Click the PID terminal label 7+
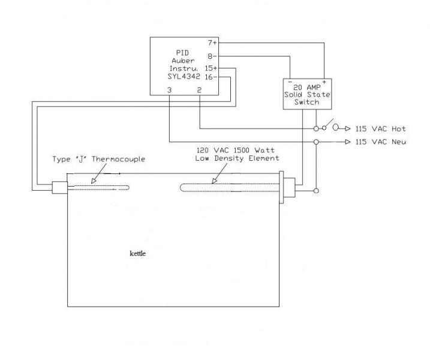coord(212,43)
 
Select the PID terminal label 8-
coord(212,56)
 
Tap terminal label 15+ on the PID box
coord(211,68)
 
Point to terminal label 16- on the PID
coord(211,77)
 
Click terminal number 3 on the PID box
coord(170,90)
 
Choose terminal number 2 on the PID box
coord(199,90)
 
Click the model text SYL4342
coord(184,76)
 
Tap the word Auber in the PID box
coord(183,61)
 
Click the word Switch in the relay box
coord(307,102)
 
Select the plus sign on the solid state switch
coord(324,82)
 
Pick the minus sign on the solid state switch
coord(290,82)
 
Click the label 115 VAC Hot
coord(381,128)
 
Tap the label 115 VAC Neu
coord(381,142)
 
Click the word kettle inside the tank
coord(138,253)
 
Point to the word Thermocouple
coord(118,159)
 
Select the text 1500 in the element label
coord(242,150)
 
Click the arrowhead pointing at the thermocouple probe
coord(94,181)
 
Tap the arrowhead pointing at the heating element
coord(215,181)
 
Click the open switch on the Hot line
coord(328,125)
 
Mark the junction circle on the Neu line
coord(316,142)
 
